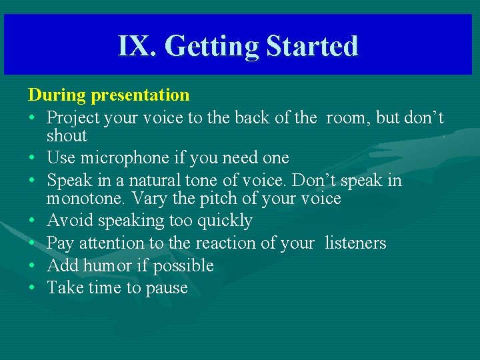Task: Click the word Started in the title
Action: click(312, 46)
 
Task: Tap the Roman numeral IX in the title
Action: click(138, 46)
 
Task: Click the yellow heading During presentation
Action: click(109, 95)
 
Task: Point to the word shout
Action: click(67, 136)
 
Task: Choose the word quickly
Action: click(222, 221)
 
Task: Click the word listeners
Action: click(355, 243)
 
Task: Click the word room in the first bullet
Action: click(346, 118)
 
